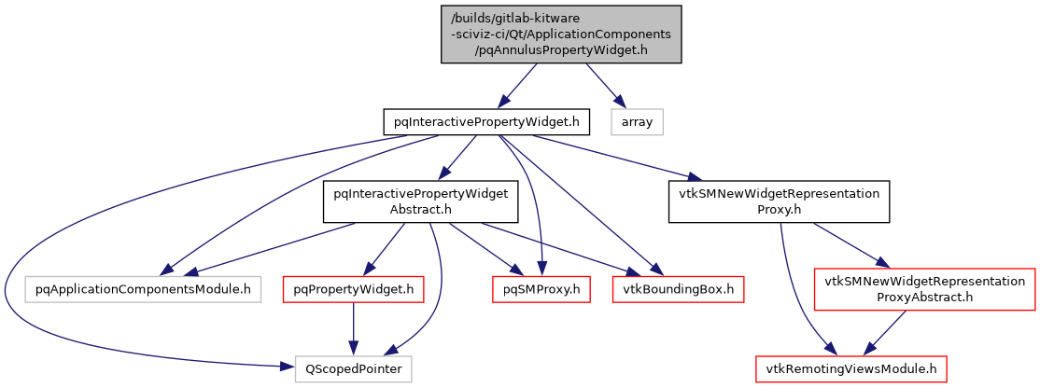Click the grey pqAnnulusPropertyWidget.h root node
[x=561, y=34]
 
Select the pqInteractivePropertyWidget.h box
[x=487, y=121]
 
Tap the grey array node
[x=637, y=121]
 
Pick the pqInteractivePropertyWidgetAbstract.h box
[x=415, y=201]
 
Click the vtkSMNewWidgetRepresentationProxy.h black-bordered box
[x=779, y=201]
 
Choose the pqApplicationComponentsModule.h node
[x=143, y=289]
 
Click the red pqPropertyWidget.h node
[x=353, y=289]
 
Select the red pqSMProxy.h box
[x=537, y=289]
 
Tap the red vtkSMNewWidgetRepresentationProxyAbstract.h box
[x=924, y=289]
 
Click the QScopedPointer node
[x=353, y=369]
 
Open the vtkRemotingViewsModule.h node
[x=852, y=369]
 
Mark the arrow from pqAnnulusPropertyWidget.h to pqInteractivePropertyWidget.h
[x=519, y=83]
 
